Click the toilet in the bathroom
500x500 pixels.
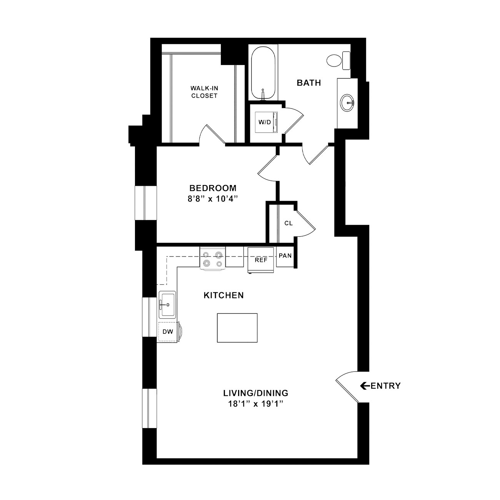pyautogui.click(x=338, y=61)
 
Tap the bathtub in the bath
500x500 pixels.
pyautogui.click(x=263, y=73)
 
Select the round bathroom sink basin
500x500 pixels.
pyautogui.click(x=347, y=103)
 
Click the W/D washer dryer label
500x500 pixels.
pyautogui.click(x=264, y=122)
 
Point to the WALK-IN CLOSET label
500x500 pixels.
pyautogui.click(x=204, y=92)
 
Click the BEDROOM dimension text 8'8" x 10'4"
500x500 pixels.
pyautogui.click(x=213, y=199)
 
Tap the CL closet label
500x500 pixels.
pyautogui.click(x=288, y=223)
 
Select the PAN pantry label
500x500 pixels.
pyautogui.click(x=285, y=256)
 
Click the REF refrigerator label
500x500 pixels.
pyautogui.click(x=261, y=260)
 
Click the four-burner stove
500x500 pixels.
pyautogui.click(x=213, y=259)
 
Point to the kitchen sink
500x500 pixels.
pyautogui.click(x=167, y=305)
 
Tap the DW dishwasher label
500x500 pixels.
pyautogui.click(x=168, y=332)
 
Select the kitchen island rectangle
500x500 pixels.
pyautogui.click(x=237, y=328)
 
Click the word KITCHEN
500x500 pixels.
pyautogui.click(x=224, y=295)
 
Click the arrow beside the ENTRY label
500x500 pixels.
pyautogui.click(x=365, y=386)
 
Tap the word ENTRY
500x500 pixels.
pyautogui.click(x=385, y=386)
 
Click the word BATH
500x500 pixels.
pyautogui.click(x=309, y=83)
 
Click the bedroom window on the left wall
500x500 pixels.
pyautogui.click(x=145, y=203)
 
